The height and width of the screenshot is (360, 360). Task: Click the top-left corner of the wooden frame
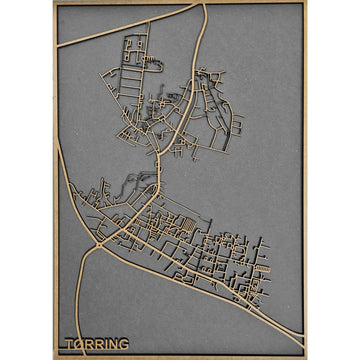pos(54,3)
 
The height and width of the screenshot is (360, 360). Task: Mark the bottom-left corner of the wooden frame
pos(54,355)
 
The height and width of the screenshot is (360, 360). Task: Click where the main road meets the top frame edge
pos(204,6)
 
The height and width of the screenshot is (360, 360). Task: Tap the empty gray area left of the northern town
pos(85,110)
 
